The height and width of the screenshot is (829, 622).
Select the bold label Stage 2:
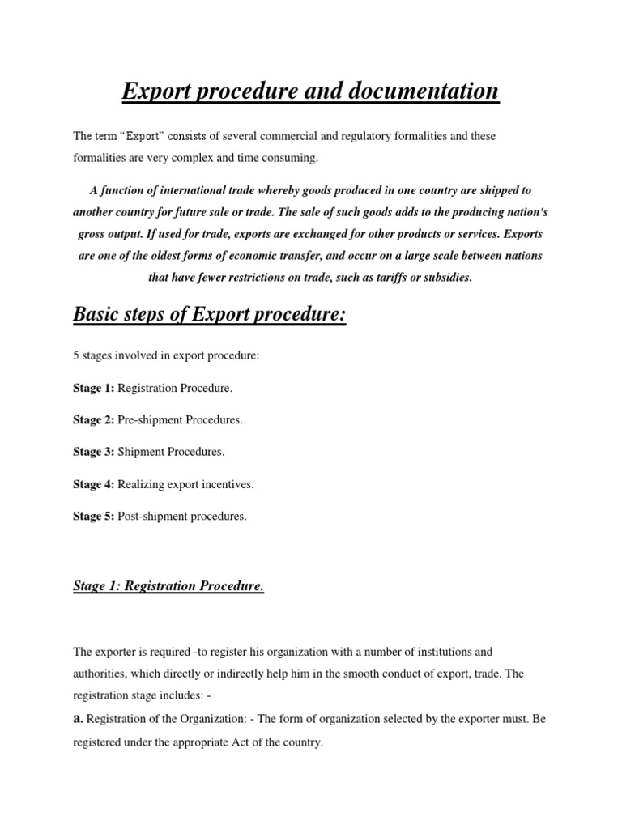[x=94, y=420]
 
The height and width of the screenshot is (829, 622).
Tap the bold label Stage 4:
[x=94, y=484]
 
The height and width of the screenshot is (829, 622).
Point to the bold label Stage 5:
[x=94, y=516]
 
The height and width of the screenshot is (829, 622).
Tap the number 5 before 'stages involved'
[x=76, y=356]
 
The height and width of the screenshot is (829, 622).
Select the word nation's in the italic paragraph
[x=505, y=212]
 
